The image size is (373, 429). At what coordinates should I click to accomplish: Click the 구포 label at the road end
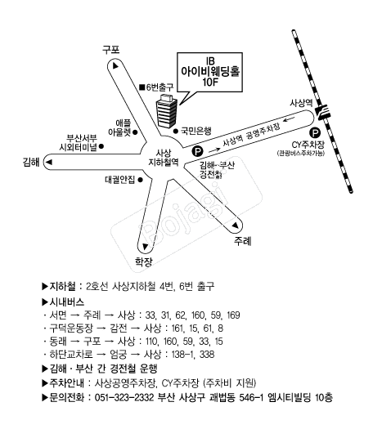[111, 50]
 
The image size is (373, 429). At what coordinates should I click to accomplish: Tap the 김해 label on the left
[31, 162]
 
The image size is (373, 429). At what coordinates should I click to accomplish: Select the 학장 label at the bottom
[144, 261]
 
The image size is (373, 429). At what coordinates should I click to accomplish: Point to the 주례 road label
[242, 241]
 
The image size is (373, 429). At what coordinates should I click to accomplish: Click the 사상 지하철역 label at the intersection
[164, 158]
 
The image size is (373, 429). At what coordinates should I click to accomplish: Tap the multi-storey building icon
[167, 111]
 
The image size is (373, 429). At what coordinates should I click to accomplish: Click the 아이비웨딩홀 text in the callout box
[210, 71]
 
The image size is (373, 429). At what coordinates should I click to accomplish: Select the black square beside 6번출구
[142, 87]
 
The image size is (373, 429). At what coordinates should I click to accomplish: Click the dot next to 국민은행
[176, 131]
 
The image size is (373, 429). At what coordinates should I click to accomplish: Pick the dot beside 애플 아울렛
[135, 132]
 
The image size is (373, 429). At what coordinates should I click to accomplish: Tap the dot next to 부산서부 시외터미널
[101, 146]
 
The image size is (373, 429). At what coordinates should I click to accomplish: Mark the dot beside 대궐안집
[140, 180]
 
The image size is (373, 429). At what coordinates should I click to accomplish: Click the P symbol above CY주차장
[315, 133]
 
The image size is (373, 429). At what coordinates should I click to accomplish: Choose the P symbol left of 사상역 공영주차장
[198, 151]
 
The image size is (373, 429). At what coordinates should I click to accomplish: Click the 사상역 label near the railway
[301, 103]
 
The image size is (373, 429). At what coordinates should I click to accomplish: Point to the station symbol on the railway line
[323, 111]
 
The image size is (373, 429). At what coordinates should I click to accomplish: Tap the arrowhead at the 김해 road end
[49, 163]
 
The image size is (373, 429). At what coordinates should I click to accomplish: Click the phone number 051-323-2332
[124, 397]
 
